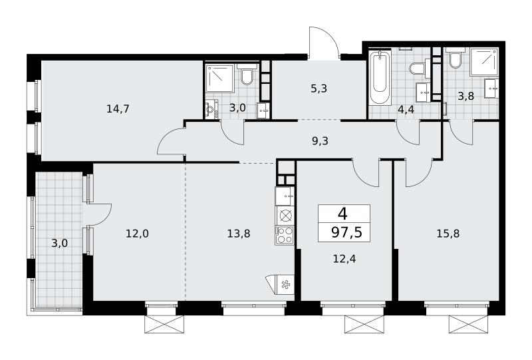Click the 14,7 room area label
(x=118, y=109)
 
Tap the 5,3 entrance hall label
(x=319, y=89)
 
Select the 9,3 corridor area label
(x=320, y=140)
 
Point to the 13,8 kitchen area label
(x=239, y=234)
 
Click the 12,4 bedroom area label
(x=344, y=259)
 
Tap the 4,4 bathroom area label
(x=406, y=110)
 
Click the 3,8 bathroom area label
(x=466, y=96)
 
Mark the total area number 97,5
(x=346, y=233)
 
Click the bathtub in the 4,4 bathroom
(x=380, y=78)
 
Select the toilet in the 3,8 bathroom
(x=455, y=59)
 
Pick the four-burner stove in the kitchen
(x=285, y=235)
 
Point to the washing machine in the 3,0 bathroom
(x=211, y=110)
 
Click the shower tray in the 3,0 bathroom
(x=220, y=79)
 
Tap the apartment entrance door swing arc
(x=324, y=37)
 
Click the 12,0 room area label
(x=137, y=234)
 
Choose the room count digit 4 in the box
(x=342, y=215)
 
